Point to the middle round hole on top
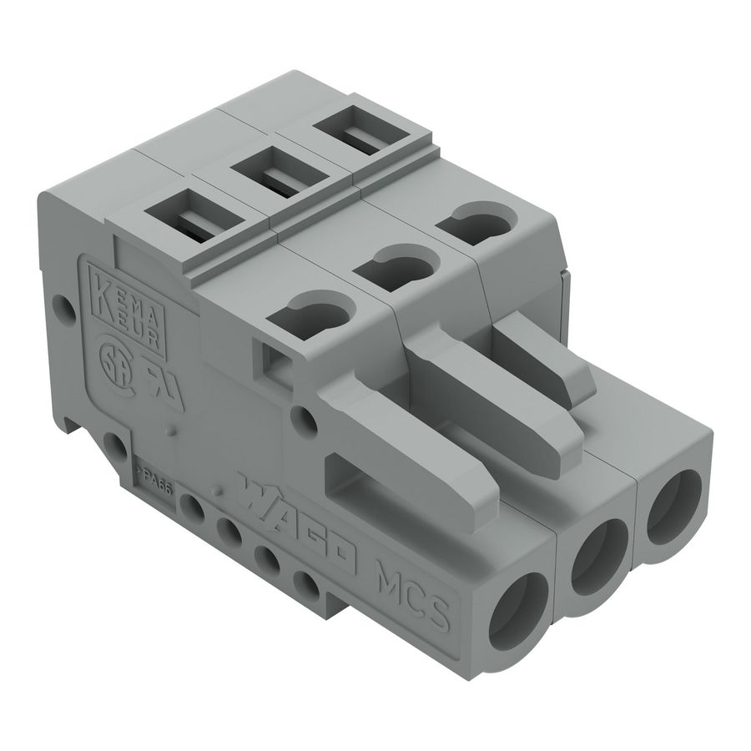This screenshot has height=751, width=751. click(x=397, y=266)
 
